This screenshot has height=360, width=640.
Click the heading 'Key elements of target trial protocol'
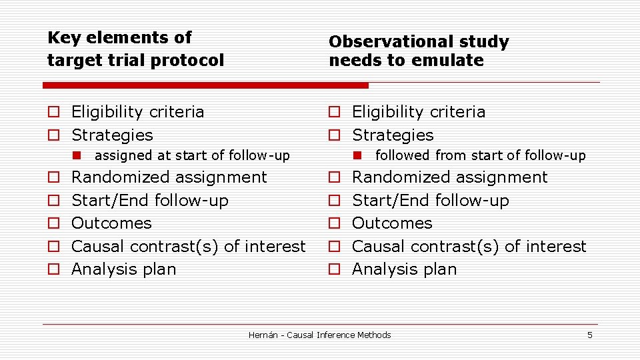tap(135, 49)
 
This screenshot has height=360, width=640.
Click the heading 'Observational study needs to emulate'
tap(418, 51)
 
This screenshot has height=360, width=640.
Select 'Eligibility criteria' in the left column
tap(137, 112)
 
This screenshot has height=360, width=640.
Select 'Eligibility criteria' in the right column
tap(418, 112)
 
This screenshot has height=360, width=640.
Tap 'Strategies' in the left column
tap(112, 135)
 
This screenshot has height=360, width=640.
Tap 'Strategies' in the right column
tap(392, 135)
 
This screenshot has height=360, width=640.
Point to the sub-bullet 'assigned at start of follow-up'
tap(192, 156)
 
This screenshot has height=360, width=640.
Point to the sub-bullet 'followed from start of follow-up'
tap(480, 156)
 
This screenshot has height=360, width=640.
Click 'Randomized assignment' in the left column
tap(169, 177)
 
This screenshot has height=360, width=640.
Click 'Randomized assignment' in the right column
tap(449, 177)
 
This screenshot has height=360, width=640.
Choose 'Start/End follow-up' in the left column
tap(149, 201)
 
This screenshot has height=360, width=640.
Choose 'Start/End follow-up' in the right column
tap(430, 201)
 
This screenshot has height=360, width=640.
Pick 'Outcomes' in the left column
tap(111, 223)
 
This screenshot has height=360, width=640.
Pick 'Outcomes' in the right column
tap(392, 223)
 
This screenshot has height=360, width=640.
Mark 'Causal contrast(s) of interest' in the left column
tap(188, 247)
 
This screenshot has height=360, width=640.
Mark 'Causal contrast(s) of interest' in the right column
tap(469, 247)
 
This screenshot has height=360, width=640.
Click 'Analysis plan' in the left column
tap(123, 269)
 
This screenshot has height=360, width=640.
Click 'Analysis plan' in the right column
tap(404, 269)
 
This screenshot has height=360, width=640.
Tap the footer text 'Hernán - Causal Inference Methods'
tap(319, 335)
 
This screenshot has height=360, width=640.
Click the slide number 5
tap(589, 335)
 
